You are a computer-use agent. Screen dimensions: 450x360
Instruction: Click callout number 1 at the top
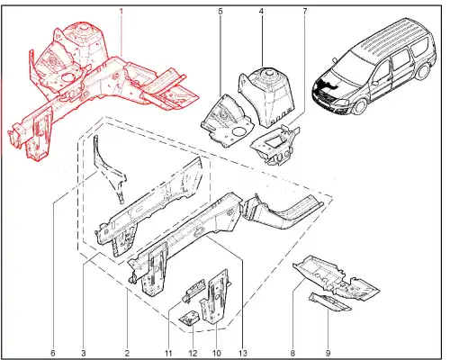click(121, 12)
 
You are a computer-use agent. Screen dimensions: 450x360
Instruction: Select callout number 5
click(220, 12)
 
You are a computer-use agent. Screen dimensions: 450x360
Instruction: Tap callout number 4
click(261, 12)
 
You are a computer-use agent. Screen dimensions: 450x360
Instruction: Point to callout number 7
click(305, 12)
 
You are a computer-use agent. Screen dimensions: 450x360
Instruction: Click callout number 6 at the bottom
click(53, 353)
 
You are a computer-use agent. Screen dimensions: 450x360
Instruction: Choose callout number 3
click(84, 353)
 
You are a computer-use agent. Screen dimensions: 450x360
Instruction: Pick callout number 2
click(127, 353)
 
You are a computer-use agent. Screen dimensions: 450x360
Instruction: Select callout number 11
click(168, 353)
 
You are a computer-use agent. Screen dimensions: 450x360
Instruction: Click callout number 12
click(193, 353)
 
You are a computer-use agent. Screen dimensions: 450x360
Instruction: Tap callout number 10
click(216, 353)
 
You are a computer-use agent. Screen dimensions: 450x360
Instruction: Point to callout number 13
click(242, 353)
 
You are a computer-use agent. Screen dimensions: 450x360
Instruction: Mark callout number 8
click(292, 353)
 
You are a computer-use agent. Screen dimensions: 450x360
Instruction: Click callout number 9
click(328, 353)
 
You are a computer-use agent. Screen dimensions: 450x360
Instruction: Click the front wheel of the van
click(360, 106)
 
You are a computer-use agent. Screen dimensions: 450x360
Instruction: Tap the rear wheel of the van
click(423, 72)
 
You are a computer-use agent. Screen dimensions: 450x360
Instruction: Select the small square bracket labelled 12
click(190, 318)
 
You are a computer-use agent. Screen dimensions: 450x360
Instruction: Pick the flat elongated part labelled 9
click(329, 302)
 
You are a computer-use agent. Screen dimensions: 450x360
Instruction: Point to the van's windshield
click(348, 67)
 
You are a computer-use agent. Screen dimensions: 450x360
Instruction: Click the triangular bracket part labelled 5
click(227, 121)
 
